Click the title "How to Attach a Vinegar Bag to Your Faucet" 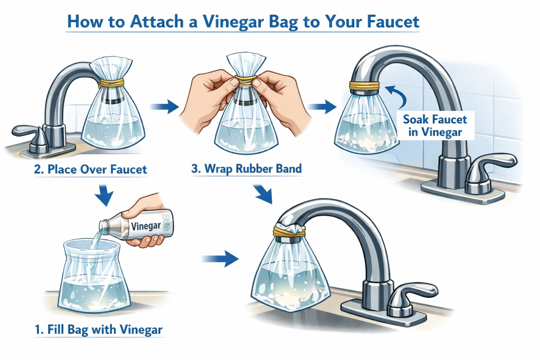pyautogui.click(x=244, y=22)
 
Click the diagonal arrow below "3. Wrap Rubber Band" pyautogui.click(x=263, y=194)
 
